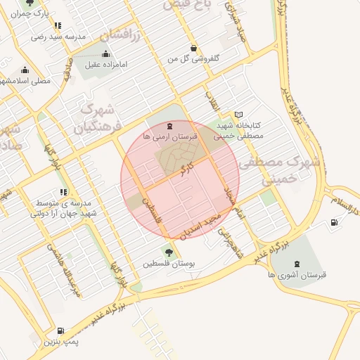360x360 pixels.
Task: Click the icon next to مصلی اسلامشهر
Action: [x=25, y=70]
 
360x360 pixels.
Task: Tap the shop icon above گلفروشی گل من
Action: [x=193, y=48]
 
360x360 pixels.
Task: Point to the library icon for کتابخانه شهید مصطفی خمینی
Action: [x=238, y=115]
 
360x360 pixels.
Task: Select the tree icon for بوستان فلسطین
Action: [x=168, y=252]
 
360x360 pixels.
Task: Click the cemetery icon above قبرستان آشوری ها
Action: [x=296, y=263]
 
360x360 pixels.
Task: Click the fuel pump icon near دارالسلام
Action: [x=333, y=224]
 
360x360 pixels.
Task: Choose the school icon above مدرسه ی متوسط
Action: [x=63, y=191]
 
